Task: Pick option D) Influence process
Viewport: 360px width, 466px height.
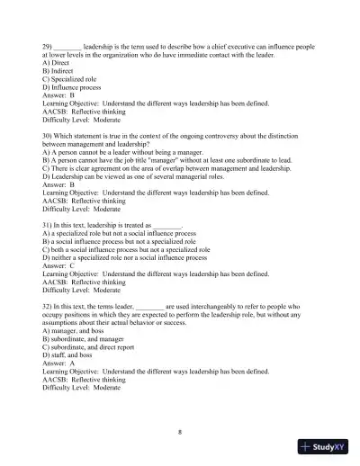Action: point(72,85)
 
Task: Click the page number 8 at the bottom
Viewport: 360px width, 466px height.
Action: point(180,431)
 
